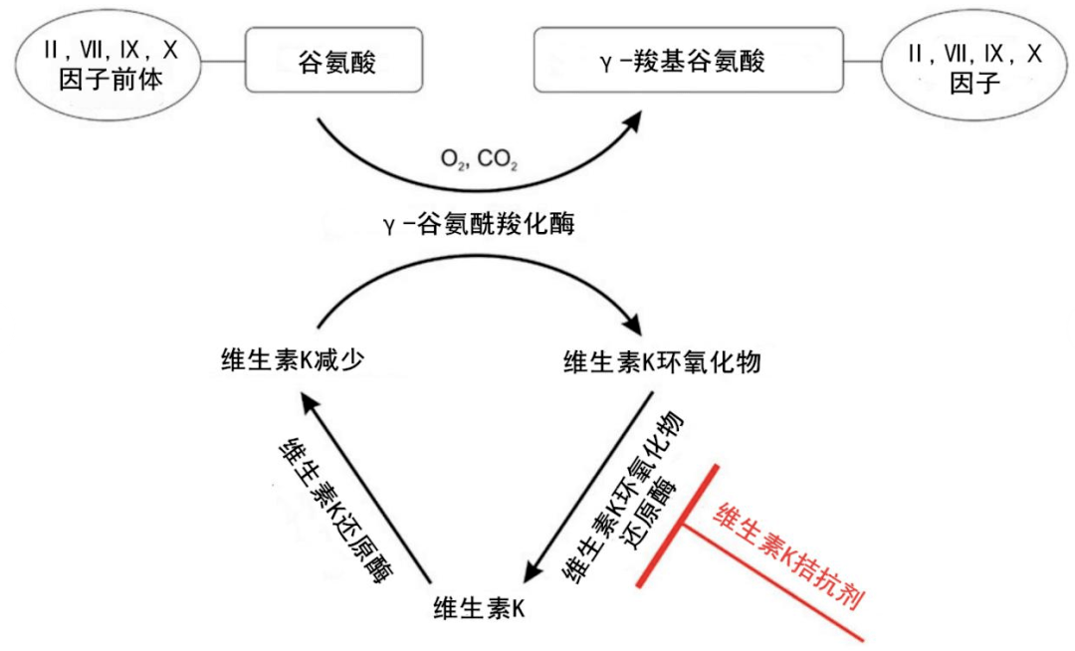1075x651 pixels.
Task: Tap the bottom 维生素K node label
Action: point(479,604)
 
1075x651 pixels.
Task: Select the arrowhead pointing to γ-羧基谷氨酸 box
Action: point(629,122)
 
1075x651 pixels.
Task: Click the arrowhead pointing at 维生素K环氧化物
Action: point(633,326)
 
